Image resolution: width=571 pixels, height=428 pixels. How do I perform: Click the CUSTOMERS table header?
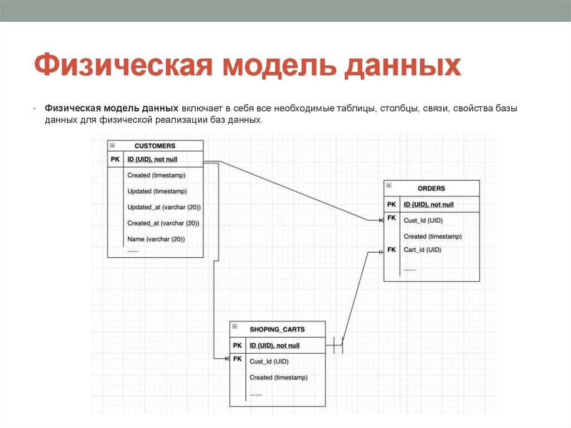coord(155,146)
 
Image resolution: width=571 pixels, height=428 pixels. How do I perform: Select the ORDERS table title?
coord(431,188)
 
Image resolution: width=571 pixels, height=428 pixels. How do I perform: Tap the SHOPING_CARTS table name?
coord(277,329)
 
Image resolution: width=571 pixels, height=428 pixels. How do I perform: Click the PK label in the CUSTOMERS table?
coord(115,159)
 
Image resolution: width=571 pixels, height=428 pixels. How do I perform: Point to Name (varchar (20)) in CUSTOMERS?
coord(156,239)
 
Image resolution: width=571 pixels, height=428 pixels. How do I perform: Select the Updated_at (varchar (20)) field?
coord(163,207)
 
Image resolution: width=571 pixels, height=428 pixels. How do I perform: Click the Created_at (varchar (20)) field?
coord(163,223)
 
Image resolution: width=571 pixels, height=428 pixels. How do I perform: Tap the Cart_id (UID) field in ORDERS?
coord(422,249)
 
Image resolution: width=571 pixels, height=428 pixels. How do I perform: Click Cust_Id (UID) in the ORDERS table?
coord(423,220)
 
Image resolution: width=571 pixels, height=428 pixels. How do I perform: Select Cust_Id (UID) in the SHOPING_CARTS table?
coord(269,361)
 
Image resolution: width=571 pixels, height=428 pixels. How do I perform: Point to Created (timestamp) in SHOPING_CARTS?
coord(278,377)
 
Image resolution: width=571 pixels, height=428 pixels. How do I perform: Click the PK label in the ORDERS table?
coord(391,204)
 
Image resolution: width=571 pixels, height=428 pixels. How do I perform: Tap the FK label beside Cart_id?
coord(391,249)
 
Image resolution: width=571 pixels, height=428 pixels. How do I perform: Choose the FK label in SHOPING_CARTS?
coord(238,359)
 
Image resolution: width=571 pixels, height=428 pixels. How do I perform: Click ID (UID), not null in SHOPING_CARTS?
coord(274,345)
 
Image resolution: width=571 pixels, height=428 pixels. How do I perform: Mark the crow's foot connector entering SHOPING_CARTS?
coord(226,358)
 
